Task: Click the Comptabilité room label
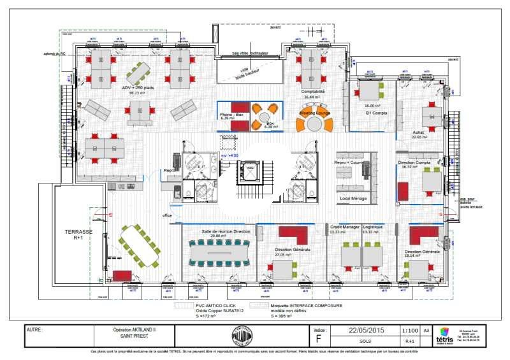tap(313, 92)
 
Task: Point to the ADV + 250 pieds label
tap(138, 88)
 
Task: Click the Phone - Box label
tap(231, 114)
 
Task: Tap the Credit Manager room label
tap(344, 227)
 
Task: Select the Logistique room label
tap(373, 227)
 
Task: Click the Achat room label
tap(418, 133)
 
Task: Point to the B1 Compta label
tap(377, 113)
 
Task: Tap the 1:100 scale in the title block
tap(411, 331)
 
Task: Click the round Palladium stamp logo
tap(242, 336)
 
